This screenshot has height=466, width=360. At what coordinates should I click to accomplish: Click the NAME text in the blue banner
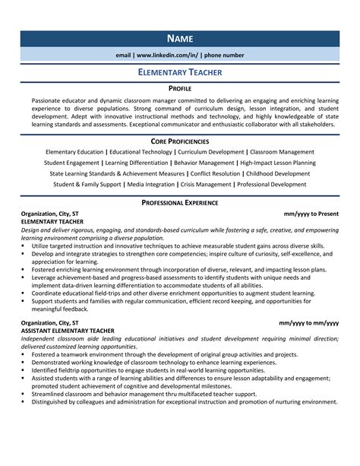pos(179,38)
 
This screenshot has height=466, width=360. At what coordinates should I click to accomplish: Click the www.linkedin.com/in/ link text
pos(168,55)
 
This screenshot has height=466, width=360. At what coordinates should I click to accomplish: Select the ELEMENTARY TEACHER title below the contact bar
pos(179,72)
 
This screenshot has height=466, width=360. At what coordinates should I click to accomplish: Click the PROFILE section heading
pos(179,89)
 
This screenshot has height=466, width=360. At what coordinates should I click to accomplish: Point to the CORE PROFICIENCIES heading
pos(179,141)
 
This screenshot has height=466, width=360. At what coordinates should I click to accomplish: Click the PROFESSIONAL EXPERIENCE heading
pos(179,203)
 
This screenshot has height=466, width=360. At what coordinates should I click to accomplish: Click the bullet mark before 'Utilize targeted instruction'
pos(24,246)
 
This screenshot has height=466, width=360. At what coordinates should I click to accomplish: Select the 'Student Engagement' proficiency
pos(72,163)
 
